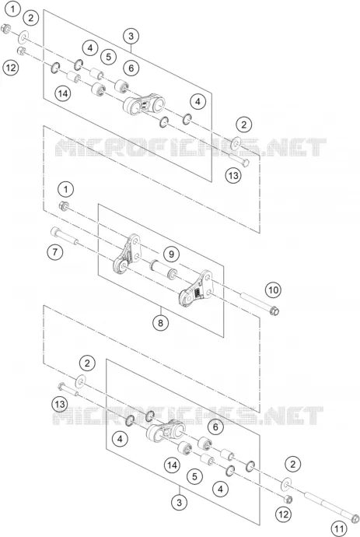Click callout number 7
tap(55, 252)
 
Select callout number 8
tap(161, 322)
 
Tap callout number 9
tap(171, 254)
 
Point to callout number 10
tap(273, 290)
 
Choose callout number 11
tap(339, 528)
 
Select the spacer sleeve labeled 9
tap(163, 269)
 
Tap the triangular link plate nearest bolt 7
tap(127, 254)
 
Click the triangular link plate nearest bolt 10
tap(196, 288)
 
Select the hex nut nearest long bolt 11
tap(288, 499)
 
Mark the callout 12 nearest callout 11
tap(283, 514)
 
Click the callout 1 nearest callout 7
tap(66, 189)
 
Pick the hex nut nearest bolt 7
tap(64, 206)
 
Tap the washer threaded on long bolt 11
tap(285, 483)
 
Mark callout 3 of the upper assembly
tap(131, 36)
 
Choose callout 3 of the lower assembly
tap(179, 503)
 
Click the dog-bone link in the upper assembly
tap(144, 104)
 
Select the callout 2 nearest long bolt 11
tap(292, 464)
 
